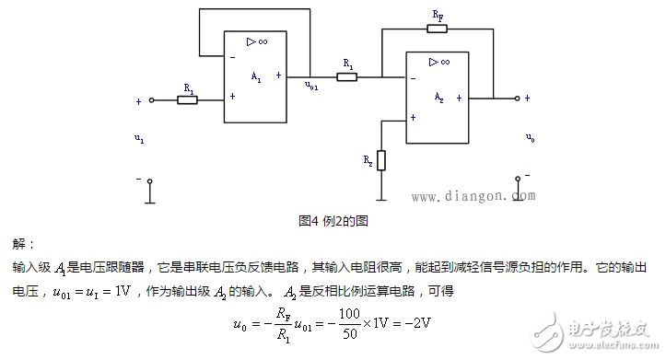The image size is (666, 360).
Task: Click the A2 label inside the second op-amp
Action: click(x=439, y=96)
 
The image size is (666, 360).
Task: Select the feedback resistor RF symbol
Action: click(x=438, y=29)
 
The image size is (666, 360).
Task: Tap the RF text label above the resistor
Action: click(x=438, y=16)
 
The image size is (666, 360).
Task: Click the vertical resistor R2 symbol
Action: click(x=381, y=161)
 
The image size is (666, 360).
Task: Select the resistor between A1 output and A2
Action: click(x=347, y=77)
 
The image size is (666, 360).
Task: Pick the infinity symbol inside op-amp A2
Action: click(x=443, y=62)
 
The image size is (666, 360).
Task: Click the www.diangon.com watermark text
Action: click(x=472, y=196)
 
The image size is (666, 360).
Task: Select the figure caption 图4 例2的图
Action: click(x=333, y=221)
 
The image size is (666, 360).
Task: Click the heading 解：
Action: click(x=23, y=244)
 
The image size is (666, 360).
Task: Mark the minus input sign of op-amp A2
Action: click(x=413, y=78)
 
